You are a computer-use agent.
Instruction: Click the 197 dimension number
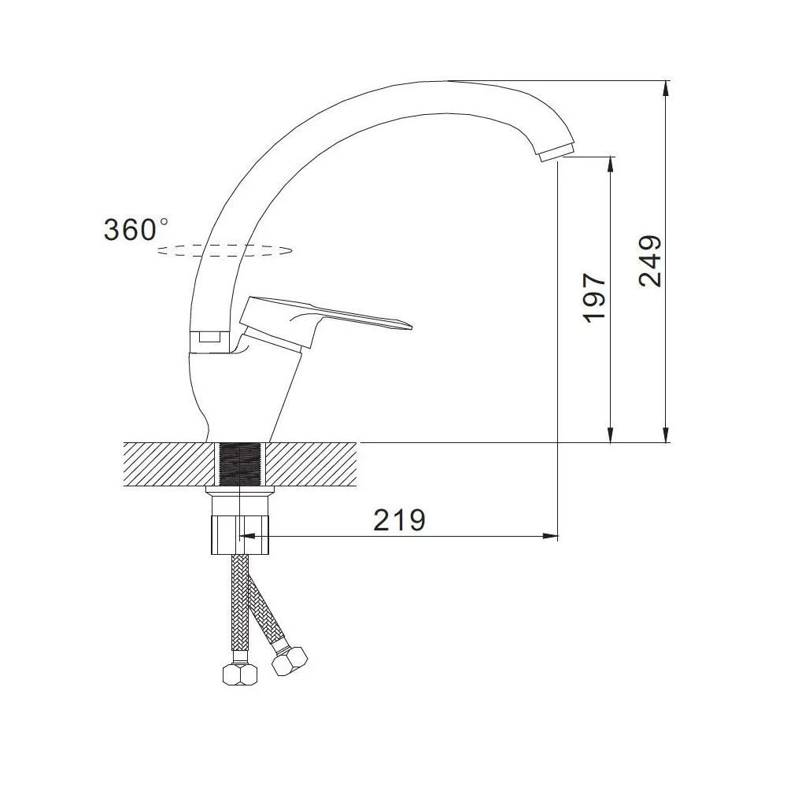pyautogui.click(x=595, y=298)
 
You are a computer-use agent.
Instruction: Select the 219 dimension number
pyautogui.click(x=399, y=520)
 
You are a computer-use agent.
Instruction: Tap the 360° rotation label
pyautogui.click(x=136, y=230)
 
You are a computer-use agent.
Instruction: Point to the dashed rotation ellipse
pyautogui.click(x=224, y=250)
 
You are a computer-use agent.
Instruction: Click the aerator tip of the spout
pyautogui.click(x=557, y=151)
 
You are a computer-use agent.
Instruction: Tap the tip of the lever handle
pyautogui.click(x=411, y=327)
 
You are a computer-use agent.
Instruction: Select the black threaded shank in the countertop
pyautogui.click(x=240, y=465)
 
